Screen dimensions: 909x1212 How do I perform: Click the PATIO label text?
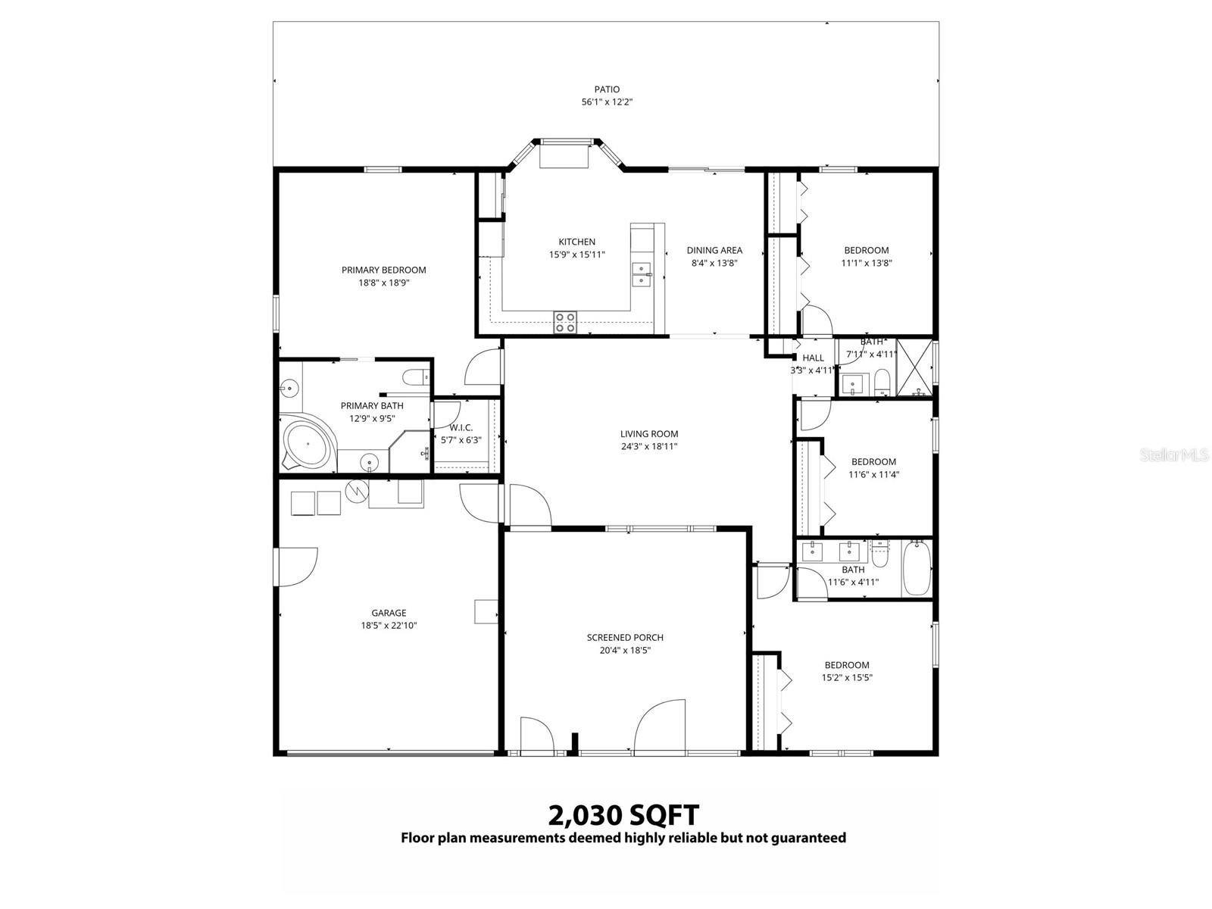tap(606, 89)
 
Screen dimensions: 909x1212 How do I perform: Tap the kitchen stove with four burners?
tap(565, 323)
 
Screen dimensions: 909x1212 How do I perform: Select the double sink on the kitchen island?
tap(642, 274)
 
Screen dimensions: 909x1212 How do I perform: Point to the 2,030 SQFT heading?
tap(623, 816)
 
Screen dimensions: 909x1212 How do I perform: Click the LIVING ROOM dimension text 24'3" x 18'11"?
tap(648, 447)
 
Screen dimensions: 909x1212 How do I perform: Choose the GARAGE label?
tap(389, 613)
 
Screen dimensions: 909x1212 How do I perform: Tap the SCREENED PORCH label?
tap(625, 637)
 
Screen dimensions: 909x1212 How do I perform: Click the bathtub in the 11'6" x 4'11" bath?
tap(916, 569)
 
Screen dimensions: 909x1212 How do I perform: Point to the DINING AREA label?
tap(714, 250)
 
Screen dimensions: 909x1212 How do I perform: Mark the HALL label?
tap(813, 358)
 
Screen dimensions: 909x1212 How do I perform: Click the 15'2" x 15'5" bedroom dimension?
tap(847, 678)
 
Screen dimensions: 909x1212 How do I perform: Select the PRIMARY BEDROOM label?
tap(383, 270)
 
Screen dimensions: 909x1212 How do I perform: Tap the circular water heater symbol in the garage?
tap(356, 491)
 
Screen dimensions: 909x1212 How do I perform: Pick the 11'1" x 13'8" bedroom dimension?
tap(867, 263)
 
